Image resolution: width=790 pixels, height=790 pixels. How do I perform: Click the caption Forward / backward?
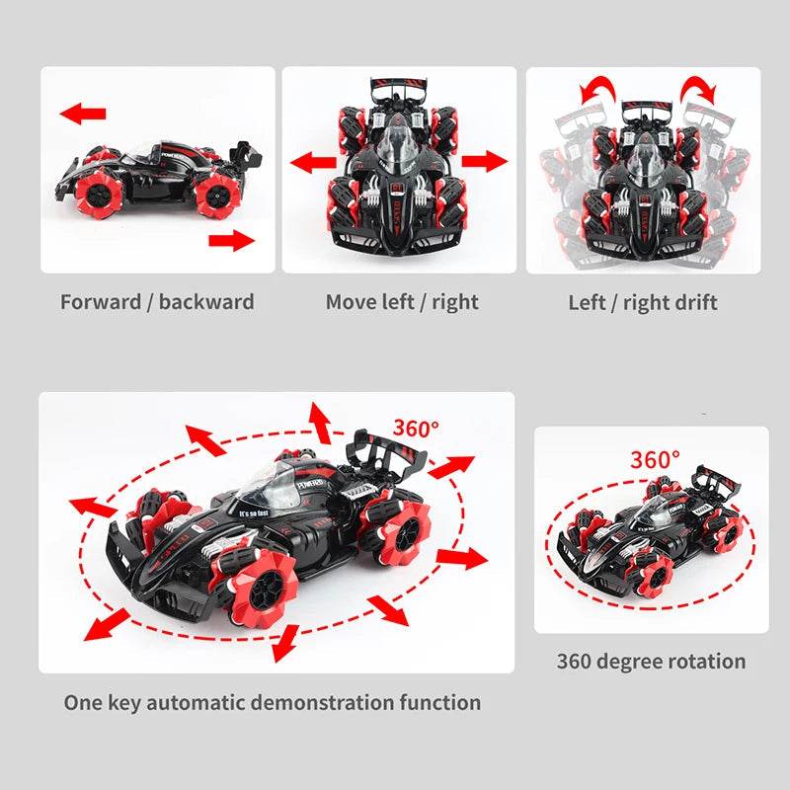coord(157,302)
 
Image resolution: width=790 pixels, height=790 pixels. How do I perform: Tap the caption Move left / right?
coord(402,302)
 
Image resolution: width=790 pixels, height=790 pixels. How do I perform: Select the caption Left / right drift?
coord(643,302)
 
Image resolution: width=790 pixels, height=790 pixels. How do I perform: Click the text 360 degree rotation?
coord(651,661)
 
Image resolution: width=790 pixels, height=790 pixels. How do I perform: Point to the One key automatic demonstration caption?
coord(273,703)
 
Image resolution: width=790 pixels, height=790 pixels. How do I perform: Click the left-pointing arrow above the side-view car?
coord(83,113)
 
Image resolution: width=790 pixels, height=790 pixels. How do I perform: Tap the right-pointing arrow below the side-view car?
coord(232,238)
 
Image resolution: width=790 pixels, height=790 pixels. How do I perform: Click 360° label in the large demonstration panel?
coord(415,429)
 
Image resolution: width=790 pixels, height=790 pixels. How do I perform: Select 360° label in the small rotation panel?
coord(656,460)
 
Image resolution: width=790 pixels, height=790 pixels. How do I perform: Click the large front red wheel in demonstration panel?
coord(261,582)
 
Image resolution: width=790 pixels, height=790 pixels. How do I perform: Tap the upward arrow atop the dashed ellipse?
coord(320,421)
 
